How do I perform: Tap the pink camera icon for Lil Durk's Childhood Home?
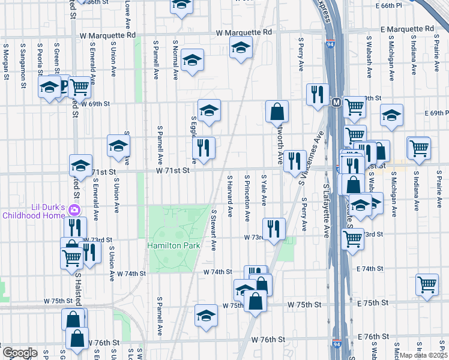click(x=74, y=210)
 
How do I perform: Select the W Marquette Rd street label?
click(x=244, y=32)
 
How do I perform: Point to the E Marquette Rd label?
click(x=408, y=29)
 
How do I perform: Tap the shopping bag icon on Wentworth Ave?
click(x=277, y=111)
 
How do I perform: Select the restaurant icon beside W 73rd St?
click(x=274, y=228)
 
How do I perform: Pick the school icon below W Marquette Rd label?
click(x=241, y=47)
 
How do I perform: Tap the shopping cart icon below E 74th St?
click(x=427, y=284)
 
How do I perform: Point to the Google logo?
click(x=20, y=353)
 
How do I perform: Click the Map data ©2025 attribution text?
click(x=423, y=355)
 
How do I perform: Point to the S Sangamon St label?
click(x=23, y=61)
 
